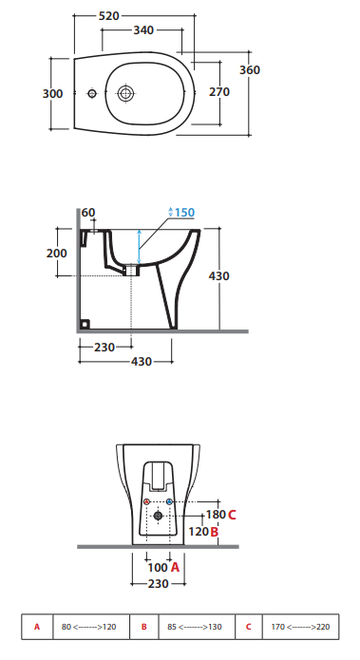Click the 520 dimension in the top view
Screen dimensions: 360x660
[x=109, y=16]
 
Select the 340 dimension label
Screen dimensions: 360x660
[x=143, y=30]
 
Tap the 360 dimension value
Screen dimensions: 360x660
[x=250, y=70]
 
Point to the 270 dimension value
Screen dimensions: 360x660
[x=219, y=92]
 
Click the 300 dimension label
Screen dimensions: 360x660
[x=52, y=93]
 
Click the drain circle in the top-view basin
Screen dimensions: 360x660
[x=125, y=93]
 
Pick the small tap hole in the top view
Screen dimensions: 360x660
[x=92, y=93]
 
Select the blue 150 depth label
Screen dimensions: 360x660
[x=184, y=213]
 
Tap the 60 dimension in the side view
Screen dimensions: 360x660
[x=88, y=213]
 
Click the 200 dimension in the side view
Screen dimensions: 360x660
[x=56, y=253]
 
